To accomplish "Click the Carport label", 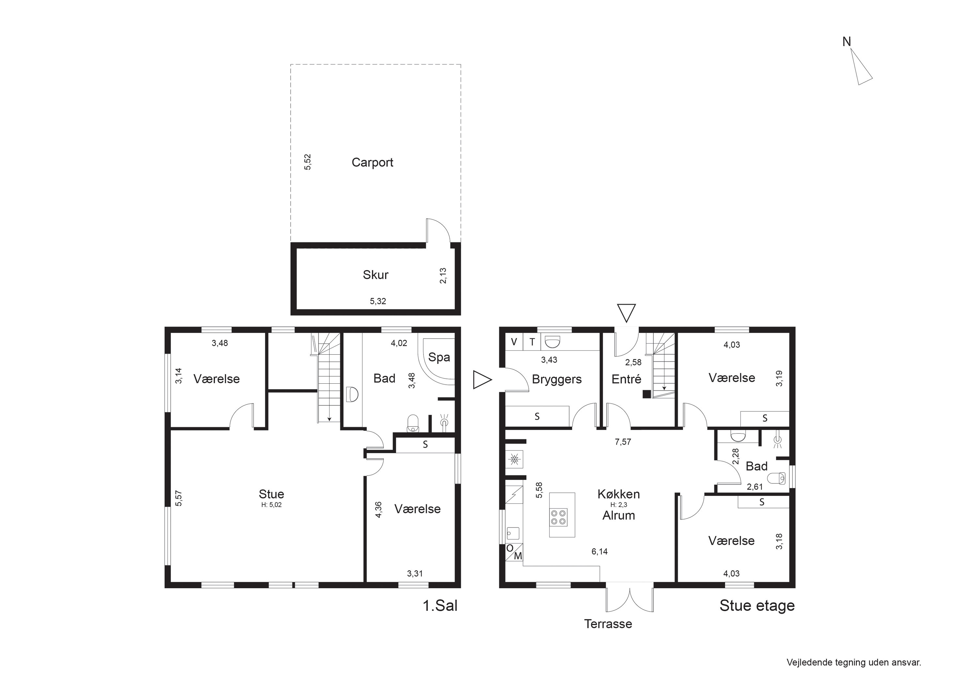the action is pyautogui.click(x=372, y=162).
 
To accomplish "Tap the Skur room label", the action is pyautogui.click(x=375, y=275).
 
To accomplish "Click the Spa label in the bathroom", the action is pyautogui.click(x=439, y=357).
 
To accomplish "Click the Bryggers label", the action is pyautogui.click(x=556, y=379).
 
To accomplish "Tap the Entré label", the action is pyautogui.click(x=626, y=379).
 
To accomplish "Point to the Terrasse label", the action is pyautogui.click(x=608, y=624).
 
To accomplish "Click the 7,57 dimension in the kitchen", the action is pyautogui.click(x=623, y=442).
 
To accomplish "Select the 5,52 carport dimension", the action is pyautogui.click(x=307, y=162).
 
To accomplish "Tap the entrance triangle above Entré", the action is pyautogui.click(x=626, y=313).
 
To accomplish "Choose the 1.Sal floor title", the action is pyautogui.click(x=440, y=606).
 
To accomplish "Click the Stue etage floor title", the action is pyautogui.click(x=757, y=606).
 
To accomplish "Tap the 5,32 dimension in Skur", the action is pyautogui.click(x=378, y=301).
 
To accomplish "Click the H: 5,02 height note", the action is pyautogui.click(x=271, y=505).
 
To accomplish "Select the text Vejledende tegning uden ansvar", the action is pyautogui.click(x=854, y=663).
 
